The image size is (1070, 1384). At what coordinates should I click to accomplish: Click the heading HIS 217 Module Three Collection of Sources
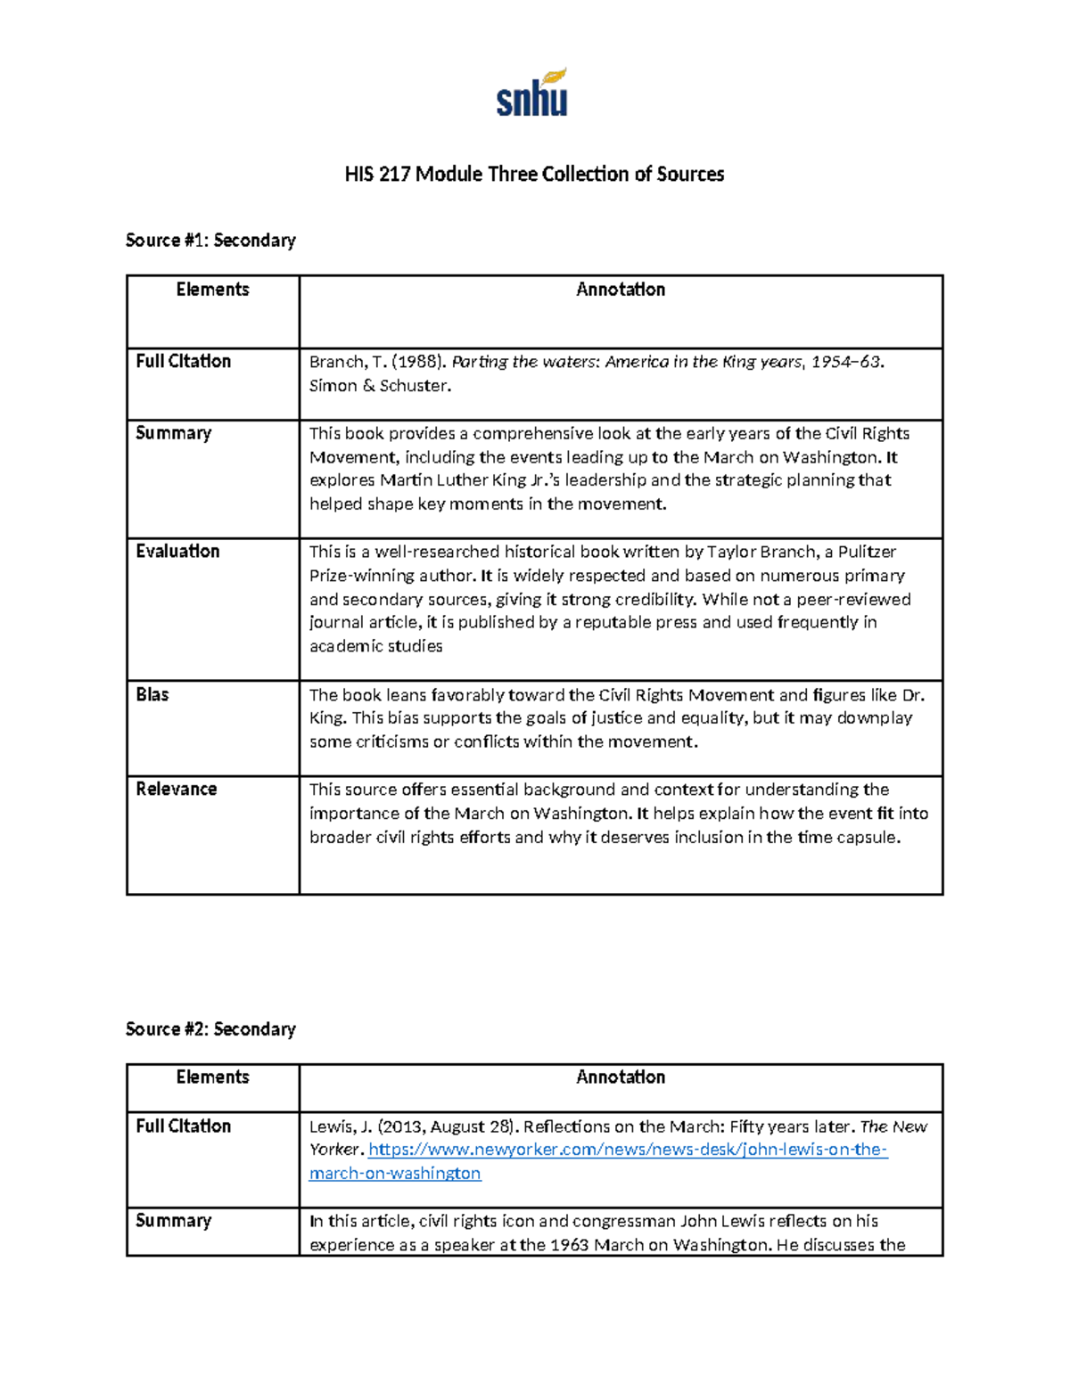[534, 174]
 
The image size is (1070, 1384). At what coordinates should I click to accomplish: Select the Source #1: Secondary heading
[210, 240]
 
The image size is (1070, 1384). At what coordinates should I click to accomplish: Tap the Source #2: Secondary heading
[210, 1028]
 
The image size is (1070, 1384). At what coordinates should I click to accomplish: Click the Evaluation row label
[177, 551]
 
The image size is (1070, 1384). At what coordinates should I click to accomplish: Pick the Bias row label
[152, 694]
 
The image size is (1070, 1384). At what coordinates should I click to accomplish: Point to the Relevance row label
[177, 789]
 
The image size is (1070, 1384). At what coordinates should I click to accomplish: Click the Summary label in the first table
[174, 433]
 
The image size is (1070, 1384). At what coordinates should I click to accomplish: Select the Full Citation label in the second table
[183, 1126]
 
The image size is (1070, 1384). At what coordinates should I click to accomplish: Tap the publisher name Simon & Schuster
[380, 386]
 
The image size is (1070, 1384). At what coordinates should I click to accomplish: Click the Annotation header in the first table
[621, 289]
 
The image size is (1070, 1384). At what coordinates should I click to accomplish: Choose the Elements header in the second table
[212, 1077]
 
